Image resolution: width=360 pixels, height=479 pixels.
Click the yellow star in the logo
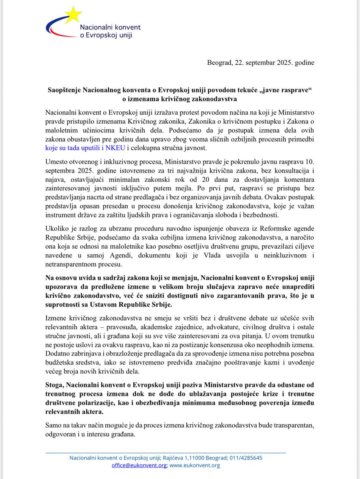coord(73,16)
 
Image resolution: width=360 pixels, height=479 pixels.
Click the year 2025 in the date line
coord(285,62)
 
